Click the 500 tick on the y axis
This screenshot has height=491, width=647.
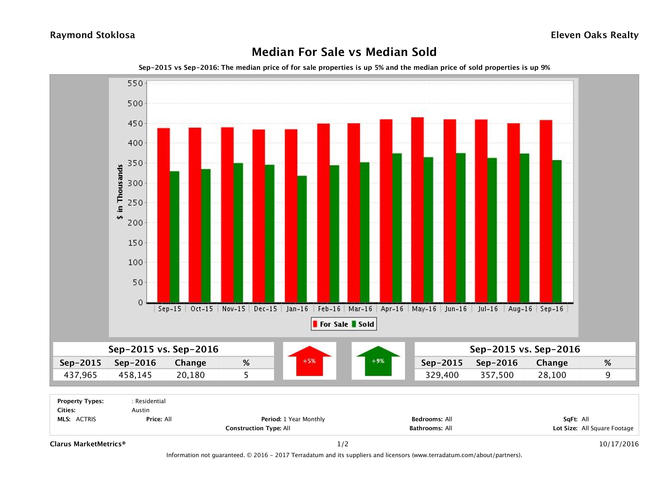(x=135, y=103)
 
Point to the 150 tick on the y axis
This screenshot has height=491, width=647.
(x=135, y=243)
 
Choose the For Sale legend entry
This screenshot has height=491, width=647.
(x=331, y=324)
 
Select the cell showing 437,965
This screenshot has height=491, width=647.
(x=80, y=375)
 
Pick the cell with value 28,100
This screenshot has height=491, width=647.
(x=552, y=375)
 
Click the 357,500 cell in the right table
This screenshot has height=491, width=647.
(x=497, y=375)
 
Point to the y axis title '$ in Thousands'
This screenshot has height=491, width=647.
(x=120, y=192)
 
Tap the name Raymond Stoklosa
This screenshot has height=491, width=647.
(x=92, y=35)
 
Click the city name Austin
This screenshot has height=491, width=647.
(x=140, y=410)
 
